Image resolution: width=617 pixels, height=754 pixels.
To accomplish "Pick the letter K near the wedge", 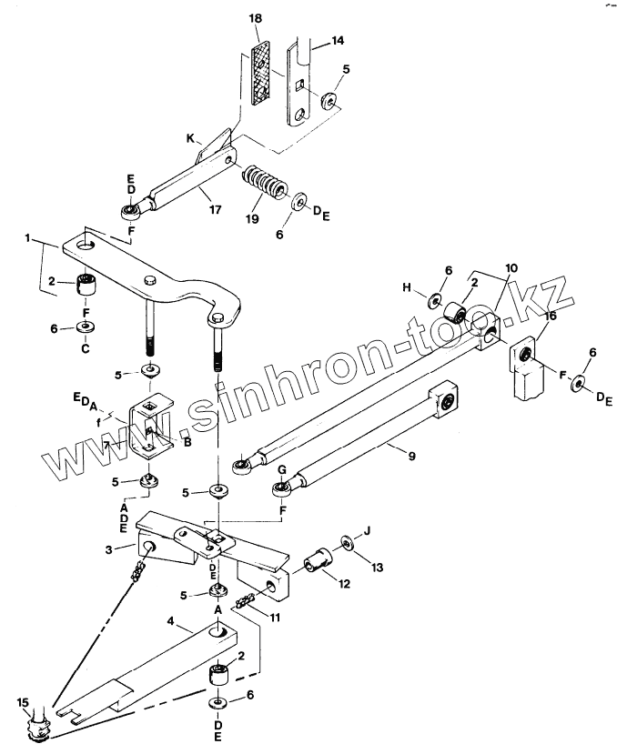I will click(191, 137).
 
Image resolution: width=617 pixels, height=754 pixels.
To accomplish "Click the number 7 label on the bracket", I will click(106, 445).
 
